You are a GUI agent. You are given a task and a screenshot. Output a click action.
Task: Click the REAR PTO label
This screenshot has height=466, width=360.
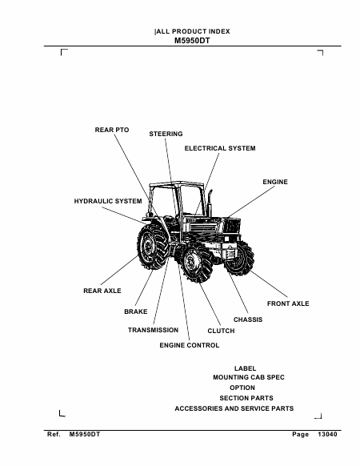(x=112, y=130)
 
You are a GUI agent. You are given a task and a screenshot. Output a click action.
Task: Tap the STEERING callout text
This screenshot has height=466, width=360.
(x=166, y=134)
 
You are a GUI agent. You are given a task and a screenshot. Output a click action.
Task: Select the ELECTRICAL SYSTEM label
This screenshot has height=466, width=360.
(x=220, y=148)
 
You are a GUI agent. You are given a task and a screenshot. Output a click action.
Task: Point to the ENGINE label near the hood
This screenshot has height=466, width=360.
(x=275, y=182)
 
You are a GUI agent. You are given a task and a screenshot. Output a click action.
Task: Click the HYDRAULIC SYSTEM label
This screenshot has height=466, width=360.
(x=108, y=201)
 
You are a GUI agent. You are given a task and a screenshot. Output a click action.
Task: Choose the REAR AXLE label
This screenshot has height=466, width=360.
(x=102, y=291)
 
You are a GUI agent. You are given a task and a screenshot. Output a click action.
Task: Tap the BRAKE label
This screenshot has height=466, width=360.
(x=136, y=311)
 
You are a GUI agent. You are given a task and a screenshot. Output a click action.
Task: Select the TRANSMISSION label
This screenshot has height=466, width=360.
(x=154, y=330)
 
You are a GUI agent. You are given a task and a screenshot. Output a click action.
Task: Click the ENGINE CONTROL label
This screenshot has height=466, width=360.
(x=190, y=345)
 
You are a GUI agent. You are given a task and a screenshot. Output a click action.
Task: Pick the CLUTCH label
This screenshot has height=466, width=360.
(x=221, y=331)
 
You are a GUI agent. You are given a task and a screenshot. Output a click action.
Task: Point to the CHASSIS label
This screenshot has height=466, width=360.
(x=248, y=319)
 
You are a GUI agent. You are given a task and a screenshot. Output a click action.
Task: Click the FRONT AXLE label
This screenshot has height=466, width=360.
(x=288, y=303)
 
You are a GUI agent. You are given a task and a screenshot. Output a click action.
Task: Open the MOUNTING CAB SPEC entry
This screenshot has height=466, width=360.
(x=249, y=377)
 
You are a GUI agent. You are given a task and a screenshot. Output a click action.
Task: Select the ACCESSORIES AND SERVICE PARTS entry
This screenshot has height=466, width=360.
(x=234, y=408)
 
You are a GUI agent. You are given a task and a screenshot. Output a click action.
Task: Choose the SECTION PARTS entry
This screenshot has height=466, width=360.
(x=246, y=398)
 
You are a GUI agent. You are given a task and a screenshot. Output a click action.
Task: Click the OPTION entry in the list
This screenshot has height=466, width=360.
(x=242, y=388)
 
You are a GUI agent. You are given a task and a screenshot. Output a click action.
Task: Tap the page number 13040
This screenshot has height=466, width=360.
(x=327, y=435)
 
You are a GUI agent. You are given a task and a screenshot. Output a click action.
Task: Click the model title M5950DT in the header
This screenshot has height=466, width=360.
(x=192, y=41)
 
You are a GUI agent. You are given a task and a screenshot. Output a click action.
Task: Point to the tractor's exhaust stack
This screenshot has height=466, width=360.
(x=210, y=203)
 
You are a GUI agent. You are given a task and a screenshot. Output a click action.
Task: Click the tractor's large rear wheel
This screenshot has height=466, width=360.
(x=152, y=247)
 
